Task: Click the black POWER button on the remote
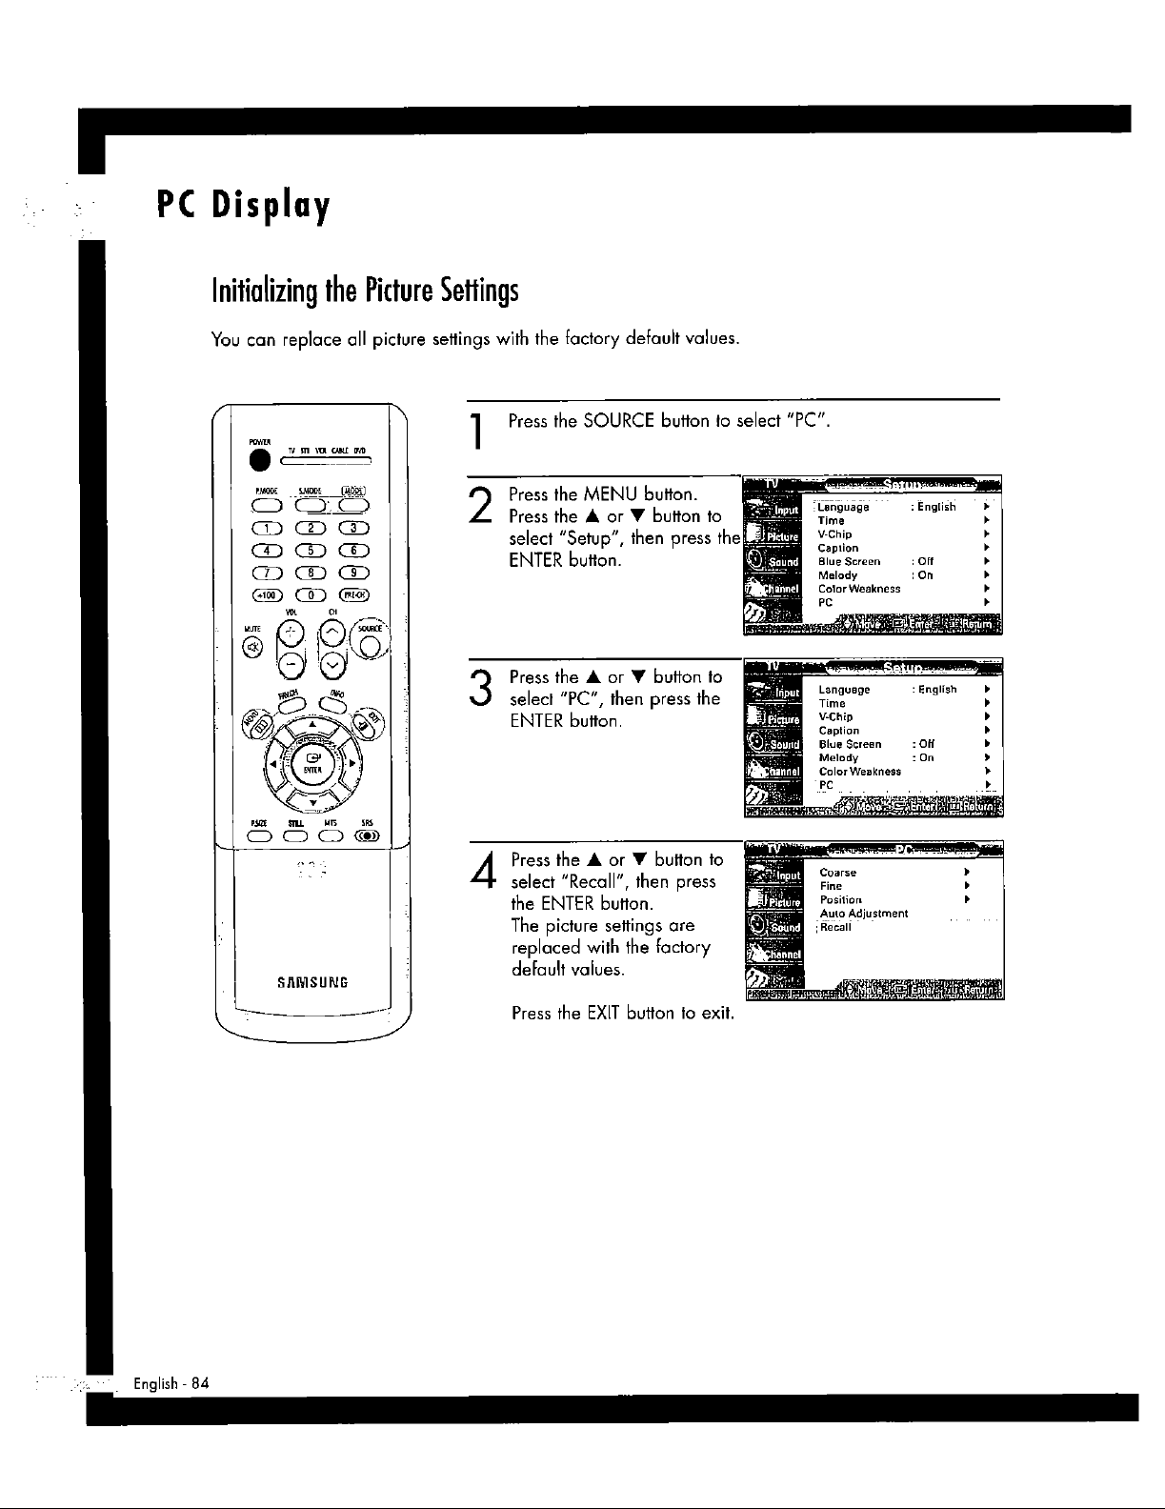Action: coord(255,459)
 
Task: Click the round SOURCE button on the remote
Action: coord(372,647)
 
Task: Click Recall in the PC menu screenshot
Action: coord(835,927)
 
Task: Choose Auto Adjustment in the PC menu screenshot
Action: coord(863,913)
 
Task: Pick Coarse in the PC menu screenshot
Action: coord(837,872)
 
